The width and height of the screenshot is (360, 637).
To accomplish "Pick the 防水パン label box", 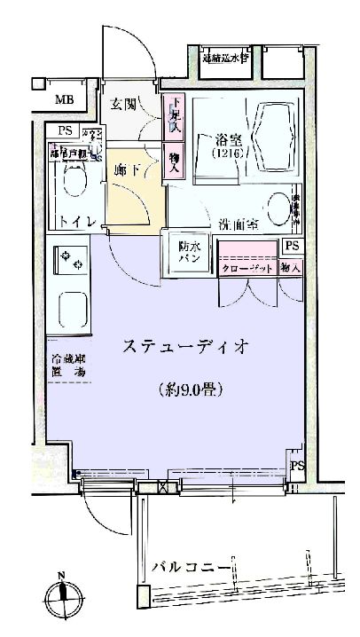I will coord(188,252).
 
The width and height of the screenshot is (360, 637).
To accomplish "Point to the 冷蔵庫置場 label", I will coord(68,367).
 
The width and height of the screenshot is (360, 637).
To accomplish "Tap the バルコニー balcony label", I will coord(191,567).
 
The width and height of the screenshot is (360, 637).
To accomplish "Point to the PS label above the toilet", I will coord(63,131).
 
